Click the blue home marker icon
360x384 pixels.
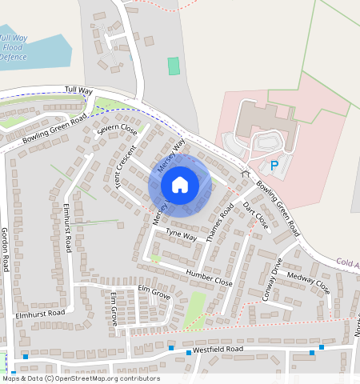click(180, 185)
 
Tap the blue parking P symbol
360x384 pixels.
click(274, 166)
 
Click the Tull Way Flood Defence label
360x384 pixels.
click(14, 47)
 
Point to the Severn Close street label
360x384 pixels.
click(118, 130)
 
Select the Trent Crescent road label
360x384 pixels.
click(125, 166)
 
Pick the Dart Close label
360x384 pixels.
click(255, 216)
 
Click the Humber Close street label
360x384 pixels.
click(209, 278)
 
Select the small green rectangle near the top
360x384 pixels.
click(174, 66)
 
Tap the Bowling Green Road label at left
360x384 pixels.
click(54, 129)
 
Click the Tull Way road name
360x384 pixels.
click(80, 90)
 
